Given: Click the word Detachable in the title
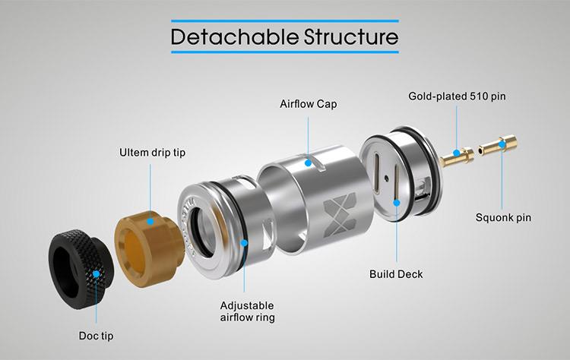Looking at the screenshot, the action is click(235, 36).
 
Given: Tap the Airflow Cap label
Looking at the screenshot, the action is click(309, 104).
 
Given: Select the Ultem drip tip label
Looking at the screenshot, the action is click(152, 152).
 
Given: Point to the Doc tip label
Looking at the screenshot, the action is click(96, 336).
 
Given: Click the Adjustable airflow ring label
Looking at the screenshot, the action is click(247, 311).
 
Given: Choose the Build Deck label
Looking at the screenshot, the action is click(396, 274).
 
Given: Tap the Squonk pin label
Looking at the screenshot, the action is click(503, 218).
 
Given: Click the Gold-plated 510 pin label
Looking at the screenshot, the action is click(457, 96).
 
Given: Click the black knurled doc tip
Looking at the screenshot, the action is click(81, 269).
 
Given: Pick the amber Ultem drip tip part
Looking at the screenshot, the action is click(149, 249).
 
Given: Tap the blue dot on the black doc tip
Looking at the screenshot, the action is click(96, 274).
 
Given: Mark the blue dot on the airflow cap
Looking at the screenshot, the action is click(308, 163).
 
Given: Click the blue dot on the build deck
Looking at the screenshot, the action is click(397, 203).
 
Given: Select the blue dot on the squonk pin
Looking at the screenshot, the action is click(502, 144).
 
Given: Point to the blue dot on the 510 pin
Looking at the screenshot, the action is click(457, 153).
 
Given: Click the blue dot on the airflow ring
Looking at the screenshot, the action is click(244, 243).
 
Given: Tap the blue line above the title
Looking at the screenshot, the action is click(285, 21).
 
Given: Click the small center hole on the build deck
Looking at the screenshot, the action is click(386, 178).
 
